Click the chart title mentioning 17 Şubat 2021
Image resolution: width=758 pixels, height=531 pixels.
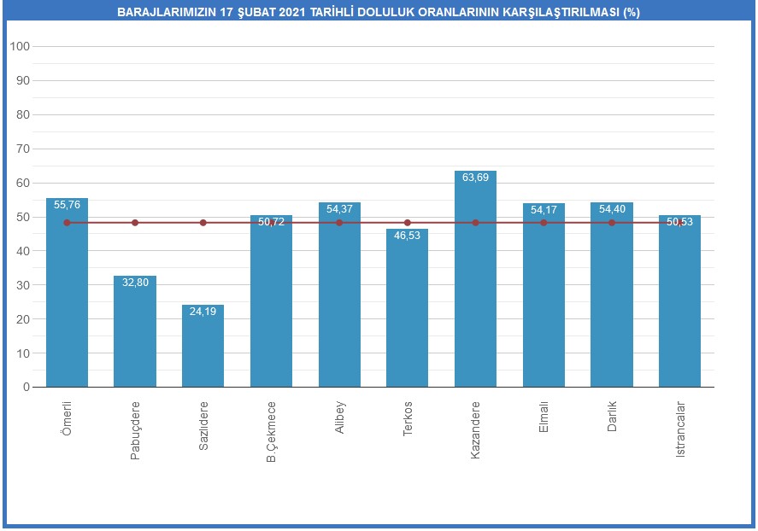click(x=379, y=13)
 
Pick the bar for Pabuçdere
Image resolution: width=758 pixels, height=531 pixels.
click(x=135, y=333)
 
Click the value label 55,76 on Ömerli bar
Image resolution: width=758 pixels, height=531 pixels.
click(x=67, y=205)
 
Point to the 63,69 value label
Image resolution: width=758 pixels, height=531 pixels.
click(x=475, y=178)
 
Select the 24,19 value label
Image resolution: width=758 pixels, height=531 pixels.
click(x=203, y=312)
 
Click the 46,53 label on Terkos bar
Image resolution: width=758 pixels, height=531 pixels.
click(x=407, y=236)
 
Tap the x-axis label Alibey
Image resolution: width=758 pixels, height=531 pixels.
click(x=339, y=417)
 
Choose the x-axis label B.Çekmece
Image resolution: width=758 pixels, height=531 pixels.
click(x=271, y=432)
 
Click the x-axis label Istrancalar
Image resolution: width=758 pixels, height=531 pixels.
click(x=680, y=429)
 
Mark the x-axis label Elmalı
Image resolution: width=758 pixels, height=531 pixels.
click(x=544, y=417)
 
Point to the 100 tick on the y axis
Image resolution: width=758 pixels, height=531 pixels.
click(x=20, y=46)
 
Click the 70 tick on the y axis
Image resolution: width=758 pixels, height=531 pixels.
click(x=22, y=149)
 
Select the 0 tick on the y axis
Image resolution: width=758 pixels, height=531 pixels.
click(x=26, y=387)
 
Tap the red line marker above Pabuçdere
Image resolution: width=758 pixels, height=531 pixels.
click(x=135, y=223)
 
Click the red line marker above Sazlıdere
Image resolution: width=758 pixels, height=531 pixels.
click(x=203, y=223)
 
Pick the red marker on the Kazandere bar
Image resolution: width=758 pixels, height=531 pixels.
click(x=475, y=223)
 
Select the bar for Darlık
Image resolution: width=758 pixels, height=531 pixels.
click(x=612, y=307)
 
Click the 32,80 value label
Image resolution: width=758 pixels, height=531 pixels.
click(x=135, y=283)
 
